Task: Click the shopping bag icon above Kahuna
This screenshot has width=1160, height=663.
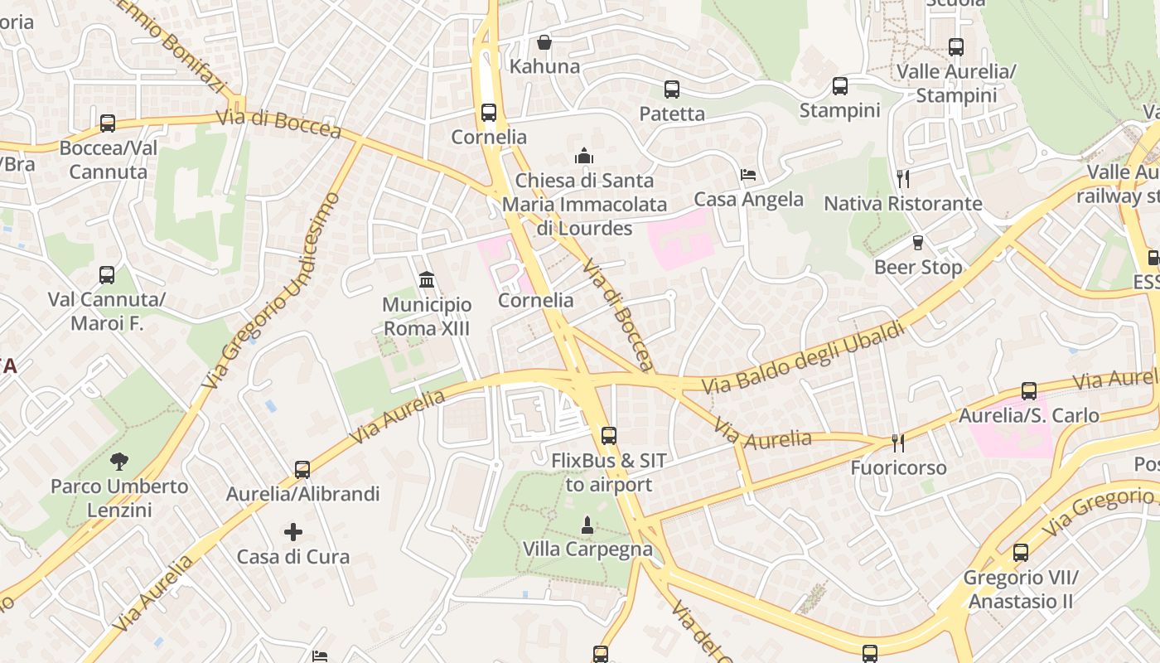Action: pyautogui.click(x=544, y=41)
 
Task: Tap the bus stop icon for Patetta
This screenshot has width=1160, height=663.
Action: pyautogui.click(x=671, y=89)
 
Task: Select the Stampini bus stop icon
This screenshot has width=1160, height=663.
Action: pyautogui.click(x=839, y=85)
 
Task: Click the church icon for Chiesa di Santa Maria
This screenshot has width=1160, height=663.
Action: pyautogui.click(x=584, y=156)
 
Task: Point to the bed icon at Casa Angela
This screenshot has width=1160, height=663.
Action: pyautogui.click(x=748, y=175)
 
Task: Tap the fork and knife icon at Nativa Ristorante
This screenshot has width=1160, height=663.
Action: pyautogui.click(x=903, y=178)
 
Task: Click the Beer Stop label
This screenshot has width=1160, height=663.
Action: pyautogui.click(x=918, y=267)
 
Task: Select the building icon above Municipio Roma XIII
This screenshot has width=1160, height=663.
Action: pyautogui.click(x=427, y=279)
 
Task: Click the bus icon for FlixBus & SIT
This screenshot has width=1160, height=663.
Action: pyautogui.click(x=608, y=435)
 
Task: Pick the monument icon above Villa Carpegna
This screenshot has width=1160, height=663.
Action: pyautogui.click(x=587, y=524)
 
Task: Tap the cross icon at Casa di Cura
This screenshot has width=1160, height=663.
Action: pyautogui.click(x=292, y=531)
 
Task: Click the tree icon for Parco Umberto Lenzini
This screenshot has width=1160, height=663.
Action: pyautogui.click(x=118, y=461)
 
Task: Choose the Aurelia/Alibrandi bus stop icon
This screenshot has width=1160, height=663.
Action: pyautogui.click(x=302, y=469)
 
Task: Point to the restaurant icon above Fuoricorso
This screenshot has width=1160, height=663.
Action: pyautogui.click(x=897, y=443)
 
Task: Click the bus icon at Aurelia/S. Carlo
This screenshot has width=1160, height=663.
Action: pyautogui.click(x=1028, y=390)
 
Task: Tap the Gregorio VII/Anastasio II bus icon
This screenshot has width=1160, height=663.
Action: pyautogui.click(x=1020, y=552)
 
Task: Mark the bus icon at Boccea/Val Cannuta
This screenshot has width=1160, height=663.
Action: pyautogui.click(x=108, y=123)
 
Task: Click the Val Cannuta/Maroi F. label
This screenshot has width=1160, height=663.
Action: pyautogui.click(x=107, y=311)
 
